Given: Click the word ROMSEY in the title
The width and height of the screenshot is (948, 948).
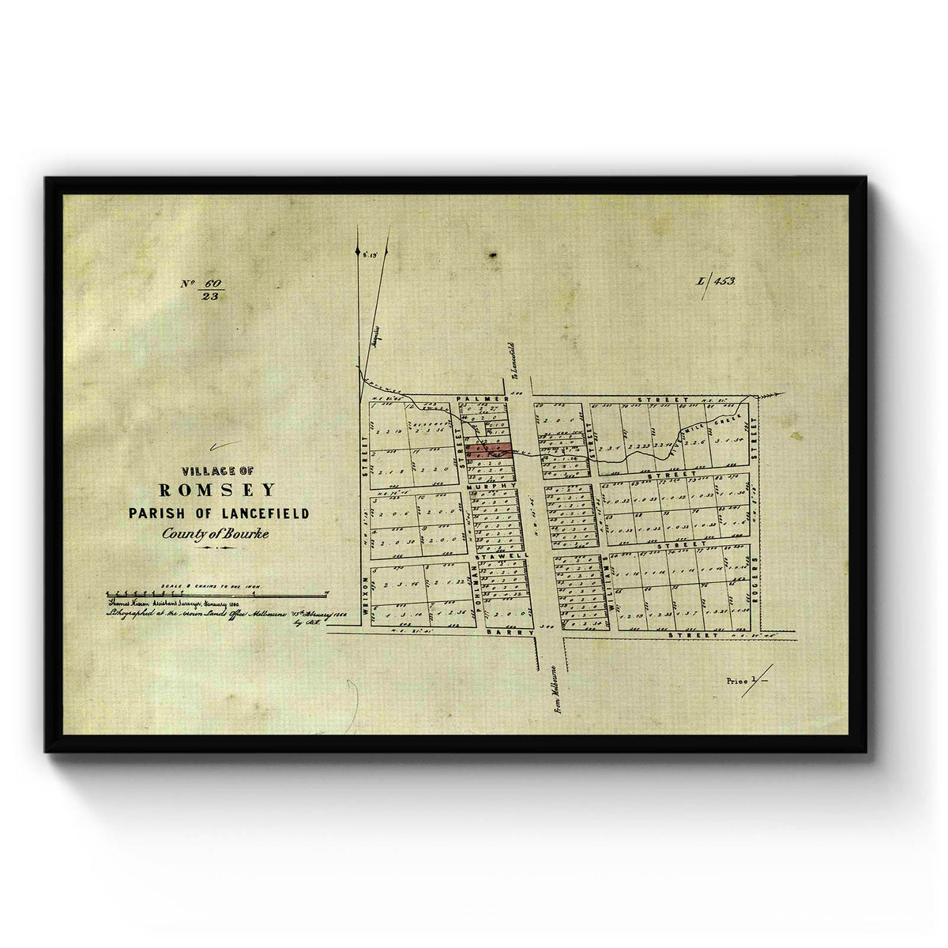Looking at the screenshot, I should [218, 491].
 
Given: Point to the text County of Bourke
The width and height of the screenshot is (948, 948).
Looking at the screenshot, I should [215, 534].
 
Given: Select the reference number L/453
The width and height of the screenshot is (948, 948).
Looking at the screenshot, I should [716, 280].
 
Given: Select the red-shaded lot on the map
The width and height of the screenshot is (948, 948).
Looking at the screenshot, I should [487, 450].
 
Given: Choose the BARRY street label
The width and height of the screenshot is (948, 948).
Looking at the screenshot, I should [501, 634].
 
